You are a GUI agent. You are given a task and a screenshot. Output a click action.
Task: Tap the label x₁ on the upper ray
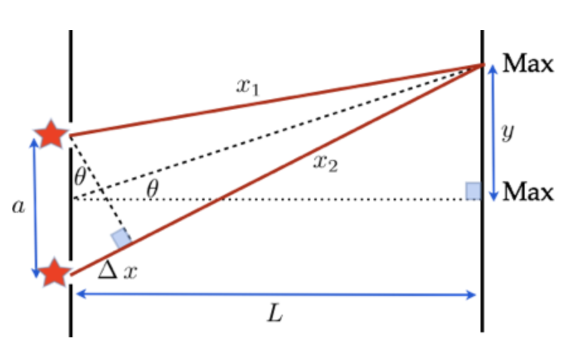point(247,86)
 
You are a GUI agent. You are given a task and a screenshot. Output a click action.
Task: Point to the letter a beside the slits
point(19,206)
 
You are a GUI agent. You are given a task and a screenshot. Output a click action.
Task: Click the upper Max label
point(528,65)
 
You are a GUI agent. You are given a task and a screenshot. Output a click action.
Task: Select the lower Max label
point(528,191)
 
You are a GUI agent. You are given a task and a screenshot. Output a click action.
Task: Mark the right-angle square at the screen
point(474,190)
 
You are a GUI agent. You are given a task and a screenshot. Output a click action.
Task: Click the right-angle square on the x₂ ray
point(120,239)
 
